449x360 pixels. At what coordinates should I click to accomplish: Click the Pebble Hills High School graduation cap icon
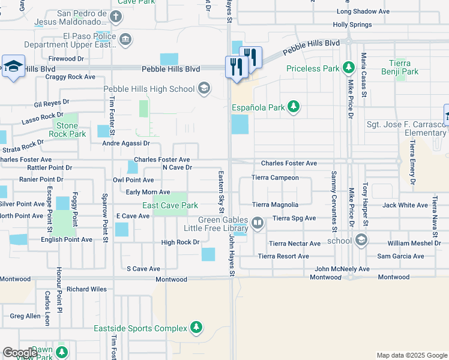click(x=204, y=89)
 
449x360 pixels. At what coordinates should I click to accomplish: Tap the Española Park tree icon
click(x=293, y=107)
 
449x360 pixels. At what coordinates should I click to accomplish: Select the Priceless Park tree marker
click(x=348, y=68)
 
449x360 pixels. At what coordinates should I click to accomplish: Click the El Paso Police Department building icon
click(x=125, y=40)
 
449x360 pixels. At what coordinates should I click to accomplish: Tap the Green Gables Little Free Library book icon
click(x=258, y=224)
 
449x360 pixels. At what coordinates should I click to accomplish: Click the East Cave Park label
click(x=170, y=206)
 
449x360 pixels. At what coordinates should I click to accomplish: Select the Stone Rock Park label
click(x=67, y=130)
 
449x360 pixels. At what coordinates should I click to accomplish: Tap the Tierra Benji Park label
click(x=400, y=67)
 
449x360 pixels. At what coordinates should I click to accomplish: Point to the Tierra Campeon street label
click(x=275, y=178)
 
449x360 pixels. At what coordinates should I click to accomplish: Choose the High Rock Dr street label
click(x=180, y=242)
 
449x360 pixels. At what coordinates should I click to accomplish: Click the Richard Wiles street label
click(x=86, y=289)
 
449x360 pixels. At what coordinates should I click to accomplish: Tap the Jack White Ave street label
click(x=405, y=205)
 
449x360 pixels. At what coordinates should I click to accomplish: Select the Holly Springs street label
click(x=353, y=25)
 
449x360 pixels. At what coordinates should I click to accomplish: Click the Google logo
click(x=20, y=352)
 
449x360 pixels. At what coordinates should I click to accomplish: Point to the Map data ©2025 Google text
click(x=411, y=355)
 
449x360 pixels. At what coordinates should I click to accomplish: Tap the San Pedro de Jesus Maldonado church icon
click(x=113, y=18)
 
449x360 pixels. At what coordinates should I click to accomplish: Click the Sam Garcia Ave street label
click(x=400, y=256)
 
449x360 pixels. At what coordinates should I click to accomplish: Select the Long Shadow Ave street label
click(x=363, y=11)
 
